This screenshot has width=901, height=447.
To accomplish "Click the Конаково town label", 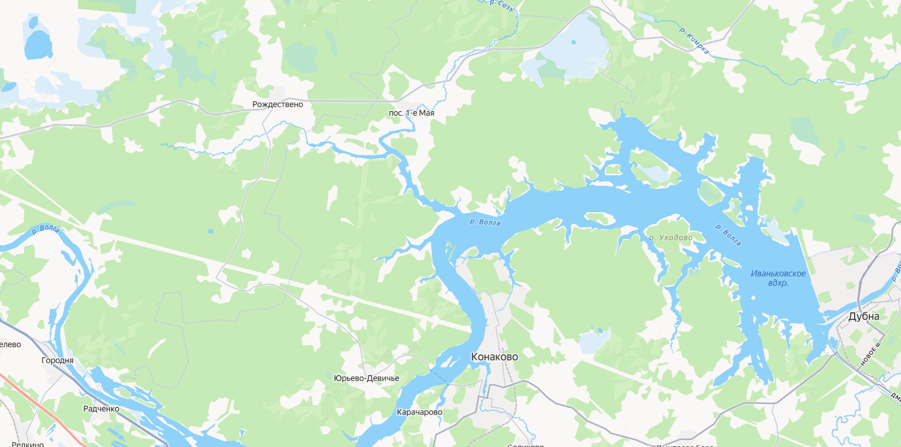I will (494, 356).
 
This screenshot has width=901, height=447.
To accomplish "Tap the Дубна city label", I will (863, 316).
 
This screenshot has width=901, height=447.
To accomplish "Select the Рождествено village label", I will (277, 104).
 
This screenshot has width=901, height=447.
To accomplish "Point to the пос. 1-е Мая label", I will (411, 113).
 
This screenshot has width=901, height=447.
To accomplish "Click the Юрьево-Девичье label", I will (366, 378).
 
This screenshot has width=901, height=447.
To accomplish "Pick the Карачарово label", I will (419, 412).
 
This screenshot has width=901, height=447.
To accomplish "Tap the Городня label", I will (58, 360).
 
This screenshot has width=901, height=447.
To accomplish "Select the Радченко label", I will (101, 409).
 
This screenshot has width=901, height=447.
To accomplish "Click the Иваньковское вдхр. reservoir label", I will (778, 278).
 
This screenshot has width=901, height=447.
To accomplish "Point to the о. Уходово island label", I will (671, 237).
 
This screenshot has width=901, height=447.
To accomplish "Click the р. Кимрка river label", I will (694, 40).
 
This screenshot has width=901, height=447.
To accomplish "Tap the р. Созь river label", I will (502, 5).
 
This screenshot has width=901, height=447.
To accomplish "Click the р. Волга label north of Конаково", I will (485, 222).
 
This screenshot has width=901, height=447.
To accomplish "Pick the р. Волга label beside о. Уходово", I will (728, 235).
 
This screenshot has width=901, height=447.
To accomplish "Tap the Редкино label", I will (28, 444).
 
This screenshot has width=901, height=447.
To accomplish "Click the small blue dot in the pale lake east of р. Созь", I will (574, 42).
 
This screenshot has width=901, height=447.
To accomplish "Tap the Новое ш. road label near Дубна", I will (871, 354).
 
